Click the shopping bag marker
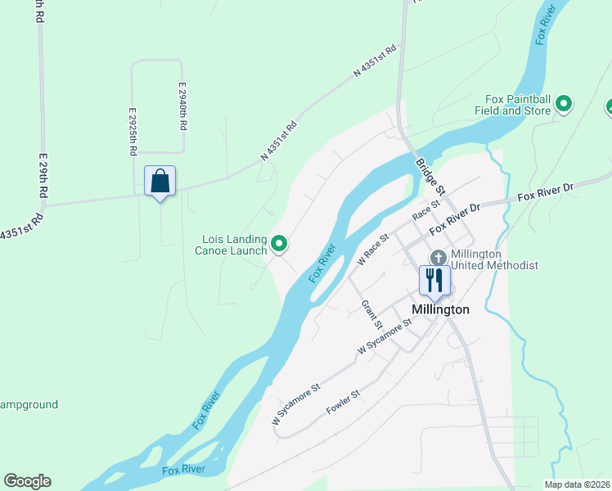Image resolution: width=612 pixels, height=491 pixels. (x=160, y=181)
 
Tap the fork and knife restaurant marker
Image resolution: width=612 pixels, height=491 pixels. (x=434, y=281)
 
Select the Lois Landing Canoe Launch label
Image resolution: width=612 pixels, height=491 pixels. (x=235, y=245)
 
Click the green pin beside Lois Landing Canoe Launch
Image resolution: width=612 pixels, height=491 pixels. (x=279, y=243)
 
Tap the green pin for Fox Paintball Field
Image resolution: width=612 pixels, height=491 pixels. (x=564, y=104)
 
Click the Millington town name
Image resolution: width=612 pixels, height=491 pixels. (x=441, y=309)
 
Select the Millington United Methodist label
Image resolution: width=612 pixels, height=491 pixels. (x=494, y=259)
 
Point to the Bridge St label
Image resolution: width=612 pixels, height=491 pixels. (x=429, y=176)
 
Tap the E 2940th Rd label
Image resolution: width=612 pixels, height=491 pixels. (x=183, y=106)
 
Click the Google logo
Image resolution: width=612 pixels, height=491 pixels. (x=27, y=481)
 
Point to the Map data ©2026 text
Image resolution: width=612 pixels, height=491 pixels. (x=577, y=484)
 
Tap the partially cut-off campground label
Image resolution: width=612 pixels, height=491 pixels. (x=29, y=404)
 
